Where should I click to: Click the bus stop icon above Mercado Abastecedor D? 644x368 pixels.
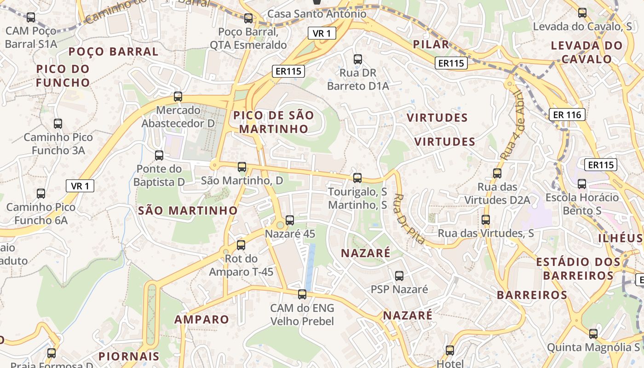tap(178, 97)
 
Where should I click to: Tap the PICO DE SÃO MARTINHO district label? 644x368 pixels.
tap(273, 122)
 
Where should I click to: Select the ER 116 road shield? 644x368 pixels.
tap(567, 115)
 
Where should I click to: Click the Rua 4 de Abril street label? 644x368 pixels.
tap(511, 125)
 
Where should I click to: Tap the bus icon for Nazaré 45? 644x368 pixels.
tap(290, 220)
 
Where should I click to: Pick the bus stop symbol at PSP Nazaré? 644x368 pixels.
tap(399, 276)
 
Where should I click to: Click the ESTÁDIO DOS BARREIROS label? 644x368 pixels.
tap(578, 269)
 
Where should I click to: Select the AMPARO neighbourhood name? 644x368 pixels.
tap(201, 319)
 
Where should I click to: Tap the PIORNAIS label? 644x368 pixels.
tap(129, 356)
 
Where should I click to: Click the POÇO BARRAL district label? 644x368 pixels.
tap(113, 52)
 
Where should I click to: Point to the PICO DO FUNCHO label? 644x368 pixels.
tap(63, 76)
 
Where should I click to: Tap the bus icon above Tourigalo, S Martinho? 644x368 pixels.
tap(357, 178)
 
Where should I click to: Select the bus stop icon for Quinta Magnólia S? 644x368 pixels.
tap(593, 334)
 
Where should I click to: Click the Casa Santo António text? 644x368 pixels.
tap(317, 14)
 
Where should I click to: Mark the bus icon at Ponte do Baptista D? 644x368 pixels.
tap(159, 155)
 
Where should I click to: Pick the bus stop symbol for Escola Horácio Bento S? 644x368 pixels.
tap(582, 184)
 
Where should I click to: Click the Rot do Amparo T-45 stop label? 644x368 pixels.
tap(241, 265)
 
